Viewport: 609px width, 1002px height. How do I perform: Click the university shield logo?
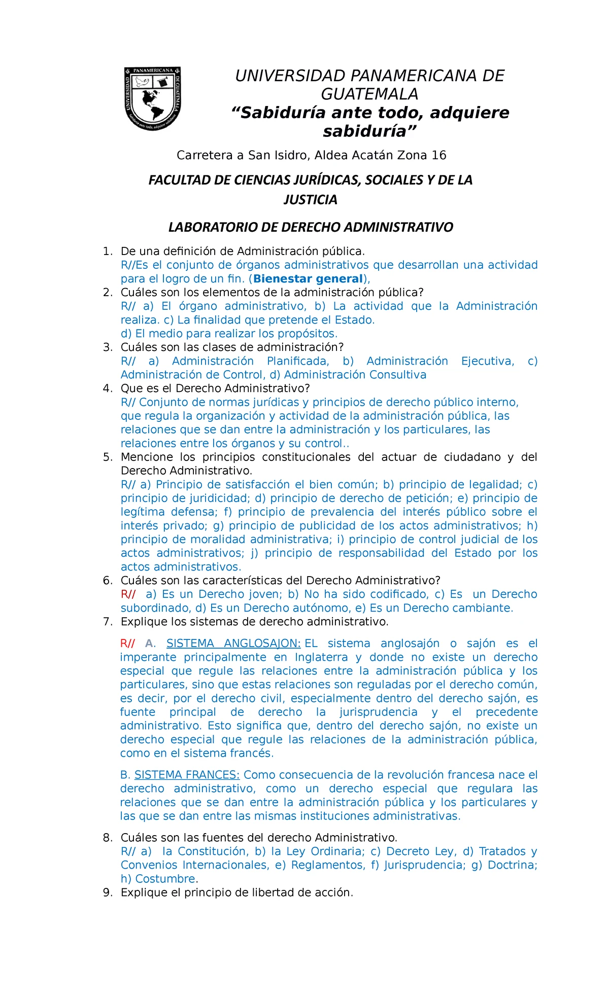coord(153,98)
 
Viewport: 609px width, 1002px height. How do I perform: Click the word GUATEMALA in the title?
coord(369,94)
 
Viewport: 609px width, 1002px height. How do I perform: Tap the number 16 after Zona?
coord(438,155)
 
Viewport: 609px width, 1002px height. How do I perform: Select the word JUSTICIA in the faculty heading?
coord(310,199)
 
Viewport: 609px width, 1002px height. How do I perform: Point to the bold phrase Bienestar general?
coord(308,278)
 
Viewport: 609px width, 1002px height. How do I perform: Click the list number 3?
coord(107,347)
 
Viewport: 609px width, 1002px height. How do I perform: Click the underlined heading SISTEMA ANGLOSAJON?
coord(233,643)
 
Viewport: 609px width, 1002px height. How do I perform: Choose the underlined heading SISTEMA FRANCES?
coord(187,774)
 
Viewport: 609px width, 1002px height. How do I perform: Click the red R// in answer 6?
coord(128,594)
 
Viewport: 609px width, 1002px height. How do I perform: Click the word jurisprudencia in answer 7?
coord(378,711)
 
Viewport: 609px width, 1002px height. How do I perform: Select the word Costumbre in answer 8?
coord(165,878)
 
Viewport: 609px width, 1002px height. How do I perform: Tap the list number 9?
coord(107,892)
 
